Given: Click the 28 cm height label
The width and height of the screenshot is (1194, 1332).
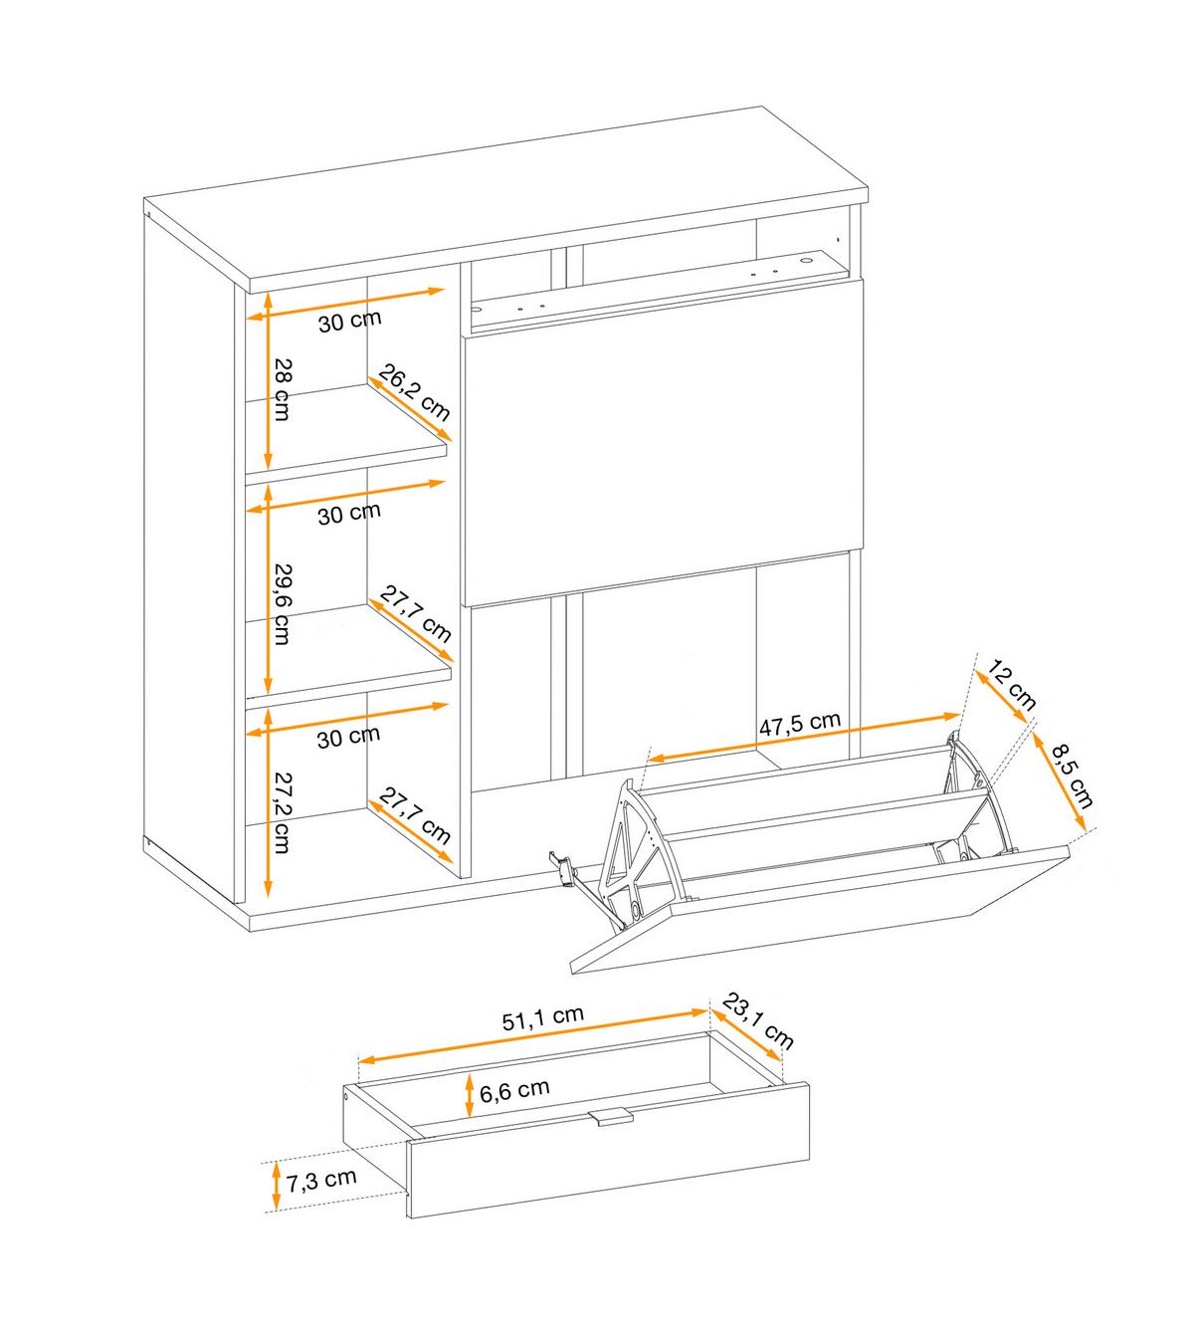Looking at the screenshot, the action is point(282,388).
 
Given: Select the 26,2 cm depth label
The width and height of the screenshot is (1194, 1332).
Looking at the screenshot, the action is point(415,392).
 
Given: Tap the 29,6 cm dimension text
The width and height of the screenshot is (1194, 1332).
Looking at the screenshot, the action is point(282,603).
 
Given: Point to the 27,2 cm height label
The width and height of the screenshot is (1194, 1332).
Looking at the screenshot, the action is point(282,812).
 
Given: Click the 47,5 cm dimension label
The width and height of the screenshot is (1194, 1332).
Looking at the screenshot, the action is point(800,724).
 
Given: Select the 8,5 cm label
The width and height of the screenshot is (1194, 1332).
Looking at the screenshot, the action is point(1072,776).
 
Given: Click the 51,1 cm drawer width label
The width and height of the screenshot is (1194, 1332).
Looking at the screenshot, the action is point(543,1017).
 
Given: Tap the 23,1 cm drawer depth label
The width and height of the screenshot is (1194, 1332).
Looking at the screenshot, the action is point(758,1021).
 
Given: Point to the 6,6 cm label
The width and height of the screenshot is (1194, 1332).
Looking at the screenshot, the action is point(514,1091).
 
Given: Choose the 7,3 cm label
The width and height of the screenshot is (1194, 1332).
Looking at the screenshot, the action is point(321,1181).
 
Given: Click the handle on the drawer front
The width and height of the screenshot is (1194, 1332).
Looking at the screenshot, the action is point(611,1118).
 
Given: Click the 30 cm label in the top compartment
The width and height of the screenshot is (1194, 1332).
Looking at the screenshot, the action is point(349,321).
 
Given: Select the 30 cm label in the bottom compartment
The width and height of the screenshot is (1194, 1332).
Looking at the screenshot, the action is point(348,738).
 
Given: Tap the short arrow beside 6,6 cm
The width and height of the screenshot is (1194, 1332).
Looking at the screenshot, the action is point(470,1095).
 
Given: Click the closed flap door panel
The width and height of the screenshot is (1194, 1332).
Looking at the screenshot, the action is point(663,442).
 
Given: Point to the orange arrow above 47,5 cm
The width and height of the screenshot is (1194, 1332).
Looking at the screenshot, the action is point(804,737).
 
